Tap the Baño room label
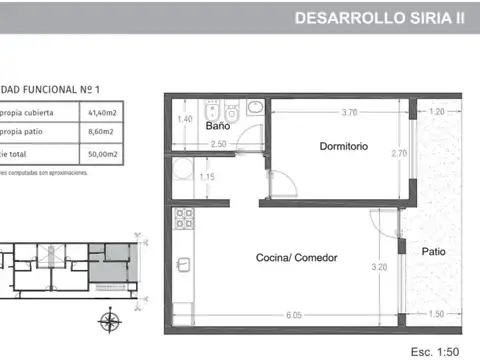(x=218, y=127)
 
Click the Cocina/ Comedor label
(x=298, y=257)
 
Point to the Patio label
(x=433, y=251)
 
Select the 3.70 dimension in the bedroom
(x=348, y=112)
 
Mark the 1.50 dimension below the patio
(x=435, y=313)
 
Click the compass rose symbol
(x=110, y=320)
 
